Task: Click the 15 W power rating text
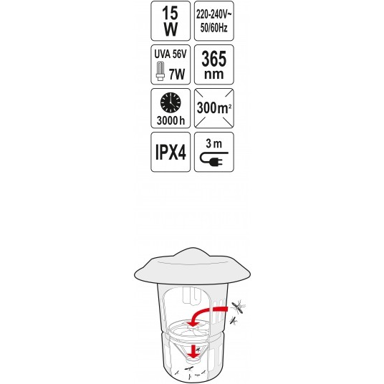pyautogui.click(x=171, y=21)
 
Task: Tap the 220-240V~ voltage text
pyautogui.click(x=213, y=15)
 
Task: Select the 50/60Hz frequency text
pyautogui.click(x=213, y=27)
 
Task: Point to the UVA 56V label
pyautogui.click(x=171, y=54)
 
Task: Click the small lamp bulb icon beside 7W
pyautogui.click(x=160, y=72)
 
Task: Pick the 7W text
pyautogui.click(x=177, y=74)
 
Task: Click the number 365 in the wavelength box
pyautogui.click(x=213, y=59)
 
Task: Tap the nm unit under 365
pyautogui.click(x=213, y=75)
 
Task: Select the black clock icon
pyautogui.click(x=171, y=102)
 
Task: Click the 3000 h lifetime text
pyautogui.click(x=171, y=120)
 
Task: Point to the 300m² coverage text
pyautogui.click(x=213, y=107)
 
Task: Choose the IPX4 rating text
pyautogui.click(x=171, y=152)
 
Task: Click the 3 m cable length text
pyautogui.click(x=213, y=144)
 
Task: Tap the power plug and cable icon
pyautogui.click(x=213, y=158)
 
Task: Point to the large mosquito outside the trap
pyautogui.click(x=239, y=306)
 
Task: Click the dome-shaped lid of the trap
pyautogui.click(x=192, y=267)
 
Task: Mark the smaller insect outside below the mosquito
pyautogui.click(x=234, y=320)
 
